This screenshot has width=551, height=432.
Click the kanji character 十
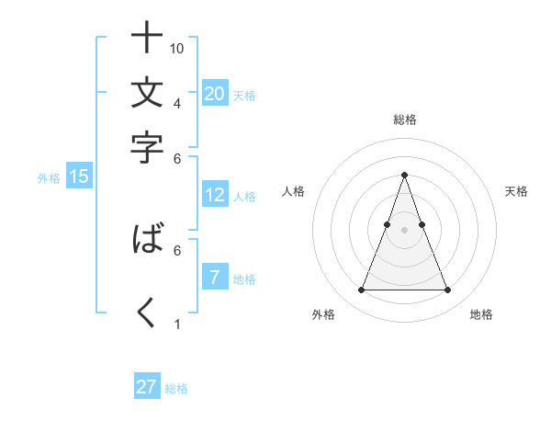(x=147, y=39)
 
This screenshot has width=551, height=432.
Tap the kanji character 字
(x=147, y=147)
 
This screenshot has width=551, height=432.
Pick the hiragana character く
(x=147, y=314)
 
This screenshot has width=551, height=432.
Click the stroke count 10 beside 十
(x=178, y=48)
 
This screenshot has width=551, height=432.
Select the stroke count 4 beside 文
(x=177, y=103)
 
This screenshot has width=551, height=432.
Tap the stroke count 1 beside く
(x=177, y=324)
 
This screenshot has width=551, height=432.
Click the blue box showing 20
(x=215, y=93)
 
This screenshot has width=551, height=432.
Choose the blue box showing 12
(x=215, y=194)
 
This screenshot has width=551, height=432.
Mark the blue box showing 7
(x=214, y=278)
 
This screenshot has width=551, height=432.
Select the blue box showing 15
(x=79, y=176)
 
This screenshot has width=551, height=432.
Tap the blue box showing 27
(x=147, y=387)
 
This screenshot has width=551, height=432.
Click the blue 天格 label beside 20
(x=244, y=95)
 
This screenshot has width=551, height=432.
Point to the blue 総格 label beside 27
(x=176, y=389)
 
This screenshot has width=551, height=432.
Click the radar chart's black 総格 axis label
(x=404, y=119)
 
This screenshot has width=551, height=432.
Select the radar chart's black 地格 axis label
(x=481, y=314)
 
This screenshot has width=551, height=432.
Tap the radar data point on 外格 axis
(x=361, y=290)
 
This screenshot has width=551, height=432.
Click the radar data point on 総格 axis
(x=404, y=175)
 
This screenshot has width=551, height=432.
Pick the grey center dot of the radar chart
(x=404, y=229)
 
